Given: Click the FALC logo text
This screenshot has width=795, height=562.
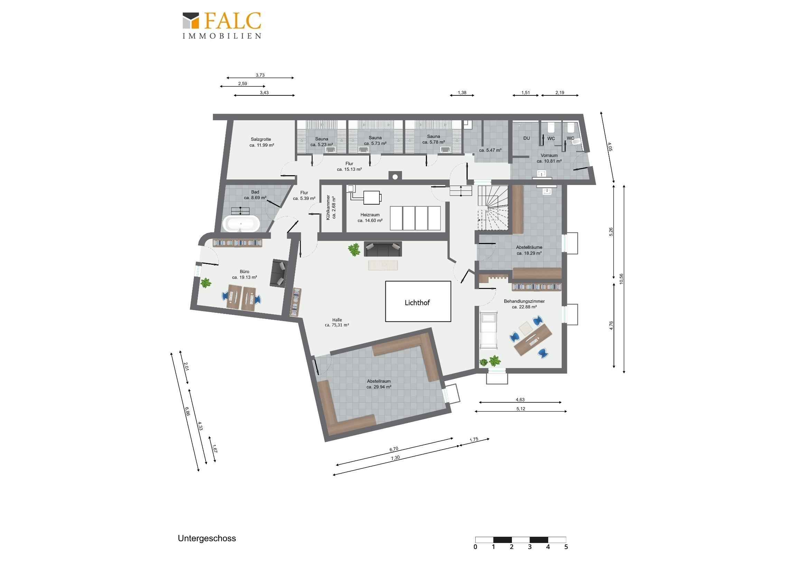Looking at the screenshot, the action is click(x=233, y=21).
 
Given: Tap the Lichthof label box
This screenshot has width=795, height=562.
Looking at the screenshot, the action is click(x=418, y=301).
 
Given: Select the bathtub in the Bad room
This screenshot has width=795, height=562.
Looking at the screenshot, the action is click(x=241, y=224).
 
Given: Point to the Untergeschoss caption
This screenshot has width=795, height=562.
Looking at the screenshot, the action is click(x=207, y=538).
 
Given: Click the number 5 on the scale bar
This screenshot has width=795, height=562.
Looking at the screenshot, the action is click(x=566, y=547).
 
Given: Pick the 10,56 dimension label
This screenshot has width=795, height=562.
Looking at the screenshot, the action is click(x=621, y=279).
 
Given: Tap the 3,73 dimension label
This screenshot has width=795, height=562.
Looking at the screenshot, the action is click(x=260, y=75).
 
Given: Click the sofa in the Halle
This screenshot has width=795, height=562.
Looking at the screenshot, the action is click(x=383, y=249).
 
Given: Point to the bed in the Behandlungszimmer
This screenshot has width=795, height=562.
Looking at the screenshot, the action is click(x=488, y=330).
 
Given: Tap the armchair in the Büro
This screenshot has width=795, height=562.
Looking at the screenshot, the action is click(x=279, y=273).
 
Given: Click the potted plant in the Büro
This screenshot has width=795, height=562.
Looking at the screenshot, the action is click(x=206, y=283).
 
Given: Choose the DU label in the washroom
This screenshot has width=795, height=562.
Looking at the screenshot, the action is click(x=526, y=138).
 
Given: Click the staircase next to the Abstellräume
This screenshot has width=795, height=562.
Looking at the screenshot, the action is click(x=492, y=208).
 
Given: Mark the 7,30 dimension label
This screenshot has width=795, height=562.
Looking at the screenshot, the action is click(x=395, y=458).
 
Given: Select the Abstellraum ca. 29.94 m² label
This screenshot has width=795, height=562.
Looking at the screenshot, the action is click(x=379, y=384).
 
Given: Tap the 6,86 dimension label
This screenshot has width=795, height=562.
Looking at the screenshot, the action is click(x=187, y=411).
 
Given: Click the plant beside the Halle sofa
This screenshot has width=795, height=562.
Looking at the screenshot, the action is click(x=354, y=249).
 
